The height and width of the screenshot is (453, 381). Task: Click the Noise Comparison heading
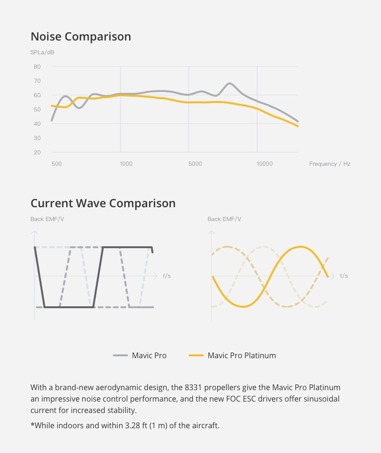pyautogui.click(x=80, y=37)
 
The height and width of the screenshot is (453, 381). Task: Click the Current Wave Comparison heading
pyautogui.click(x=103, y=203)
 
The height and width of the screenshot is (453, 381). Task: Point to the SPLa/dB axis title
pyautogui.click(x=42, y=52)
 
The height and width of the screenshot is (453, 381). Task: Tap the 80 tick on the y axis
pyautogui.click(x=37, y=67)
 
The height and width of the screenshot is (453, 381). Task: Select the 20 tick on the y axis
pyautogui.click(x=37, y=152)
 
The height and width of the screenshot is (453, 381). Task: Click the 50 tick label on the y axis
pyautogui.click(x=37, y=110)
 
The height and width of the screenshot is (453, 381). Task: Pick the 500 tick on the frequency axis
pyautogui.click(x=56, y=164)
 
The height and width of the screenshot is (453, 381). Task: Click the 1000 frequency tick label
pyautogui.click(x=126, y=164)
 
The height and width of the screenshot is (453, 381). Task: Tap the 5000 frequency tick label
pyautogui.click(x=195, y=164)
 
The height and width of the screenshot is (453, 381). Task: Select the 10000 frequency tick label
pyautogui.click(x=265, y=164)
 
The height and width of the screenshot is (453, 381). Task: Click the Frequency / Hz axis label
pyautogui.click(x=330, y=164)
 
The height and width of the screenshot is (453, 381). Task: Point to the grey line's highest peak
pyautogui.click(x=230, y=84)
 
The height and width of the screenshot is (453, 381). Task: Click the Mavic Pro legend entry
pyautogui.click(x=149, y=355)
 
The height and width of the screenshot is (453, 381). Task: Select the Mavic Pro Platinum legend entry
pyautogui.click(x=241, y=355)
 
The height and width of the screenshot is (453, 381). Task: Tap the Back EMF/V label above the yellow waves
pyautogui.click(x=224, y=219)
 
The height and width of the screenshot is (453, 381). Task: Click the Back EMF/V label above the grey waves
pyautogui.click(x=47, y=219)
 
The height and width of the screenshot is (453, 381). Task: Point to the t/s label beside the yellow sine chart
pyautogui.click(x=343, y=276)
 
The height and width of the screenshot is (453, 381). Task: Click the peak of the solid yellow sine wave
pyautogui.click(x=301, y=247)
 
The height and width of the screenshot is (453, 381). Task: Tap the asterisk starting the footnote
pyautogui.click(x=32, y=424)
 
